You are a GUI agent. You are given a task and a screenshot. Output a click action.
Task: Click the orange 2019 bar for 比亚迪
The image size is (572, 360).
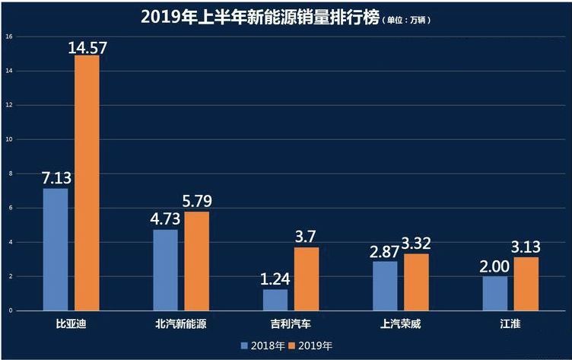point(86,183)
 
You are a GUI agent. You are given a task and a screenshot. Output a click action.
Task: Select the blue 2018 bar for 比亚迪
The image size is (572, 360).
point(56,250)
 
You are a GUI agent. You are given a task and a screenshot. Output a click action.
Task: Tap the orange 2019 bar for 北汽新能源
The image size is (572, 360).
point(196,261)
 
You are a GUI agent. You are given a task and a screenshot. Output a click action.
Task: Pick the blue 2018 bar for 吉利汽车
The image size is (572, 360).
point(275,300)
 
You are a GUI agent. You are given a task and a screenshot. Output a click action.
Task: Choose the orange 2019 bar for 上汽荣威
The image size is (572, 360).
point(416,282)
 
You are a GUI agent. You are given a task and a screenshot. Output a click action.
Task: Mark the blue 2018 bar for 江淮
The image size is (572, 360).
point(494,293)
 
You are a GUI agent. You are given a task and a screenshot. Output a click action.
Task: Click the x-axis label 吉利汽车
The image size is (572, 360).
point(291,324)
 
